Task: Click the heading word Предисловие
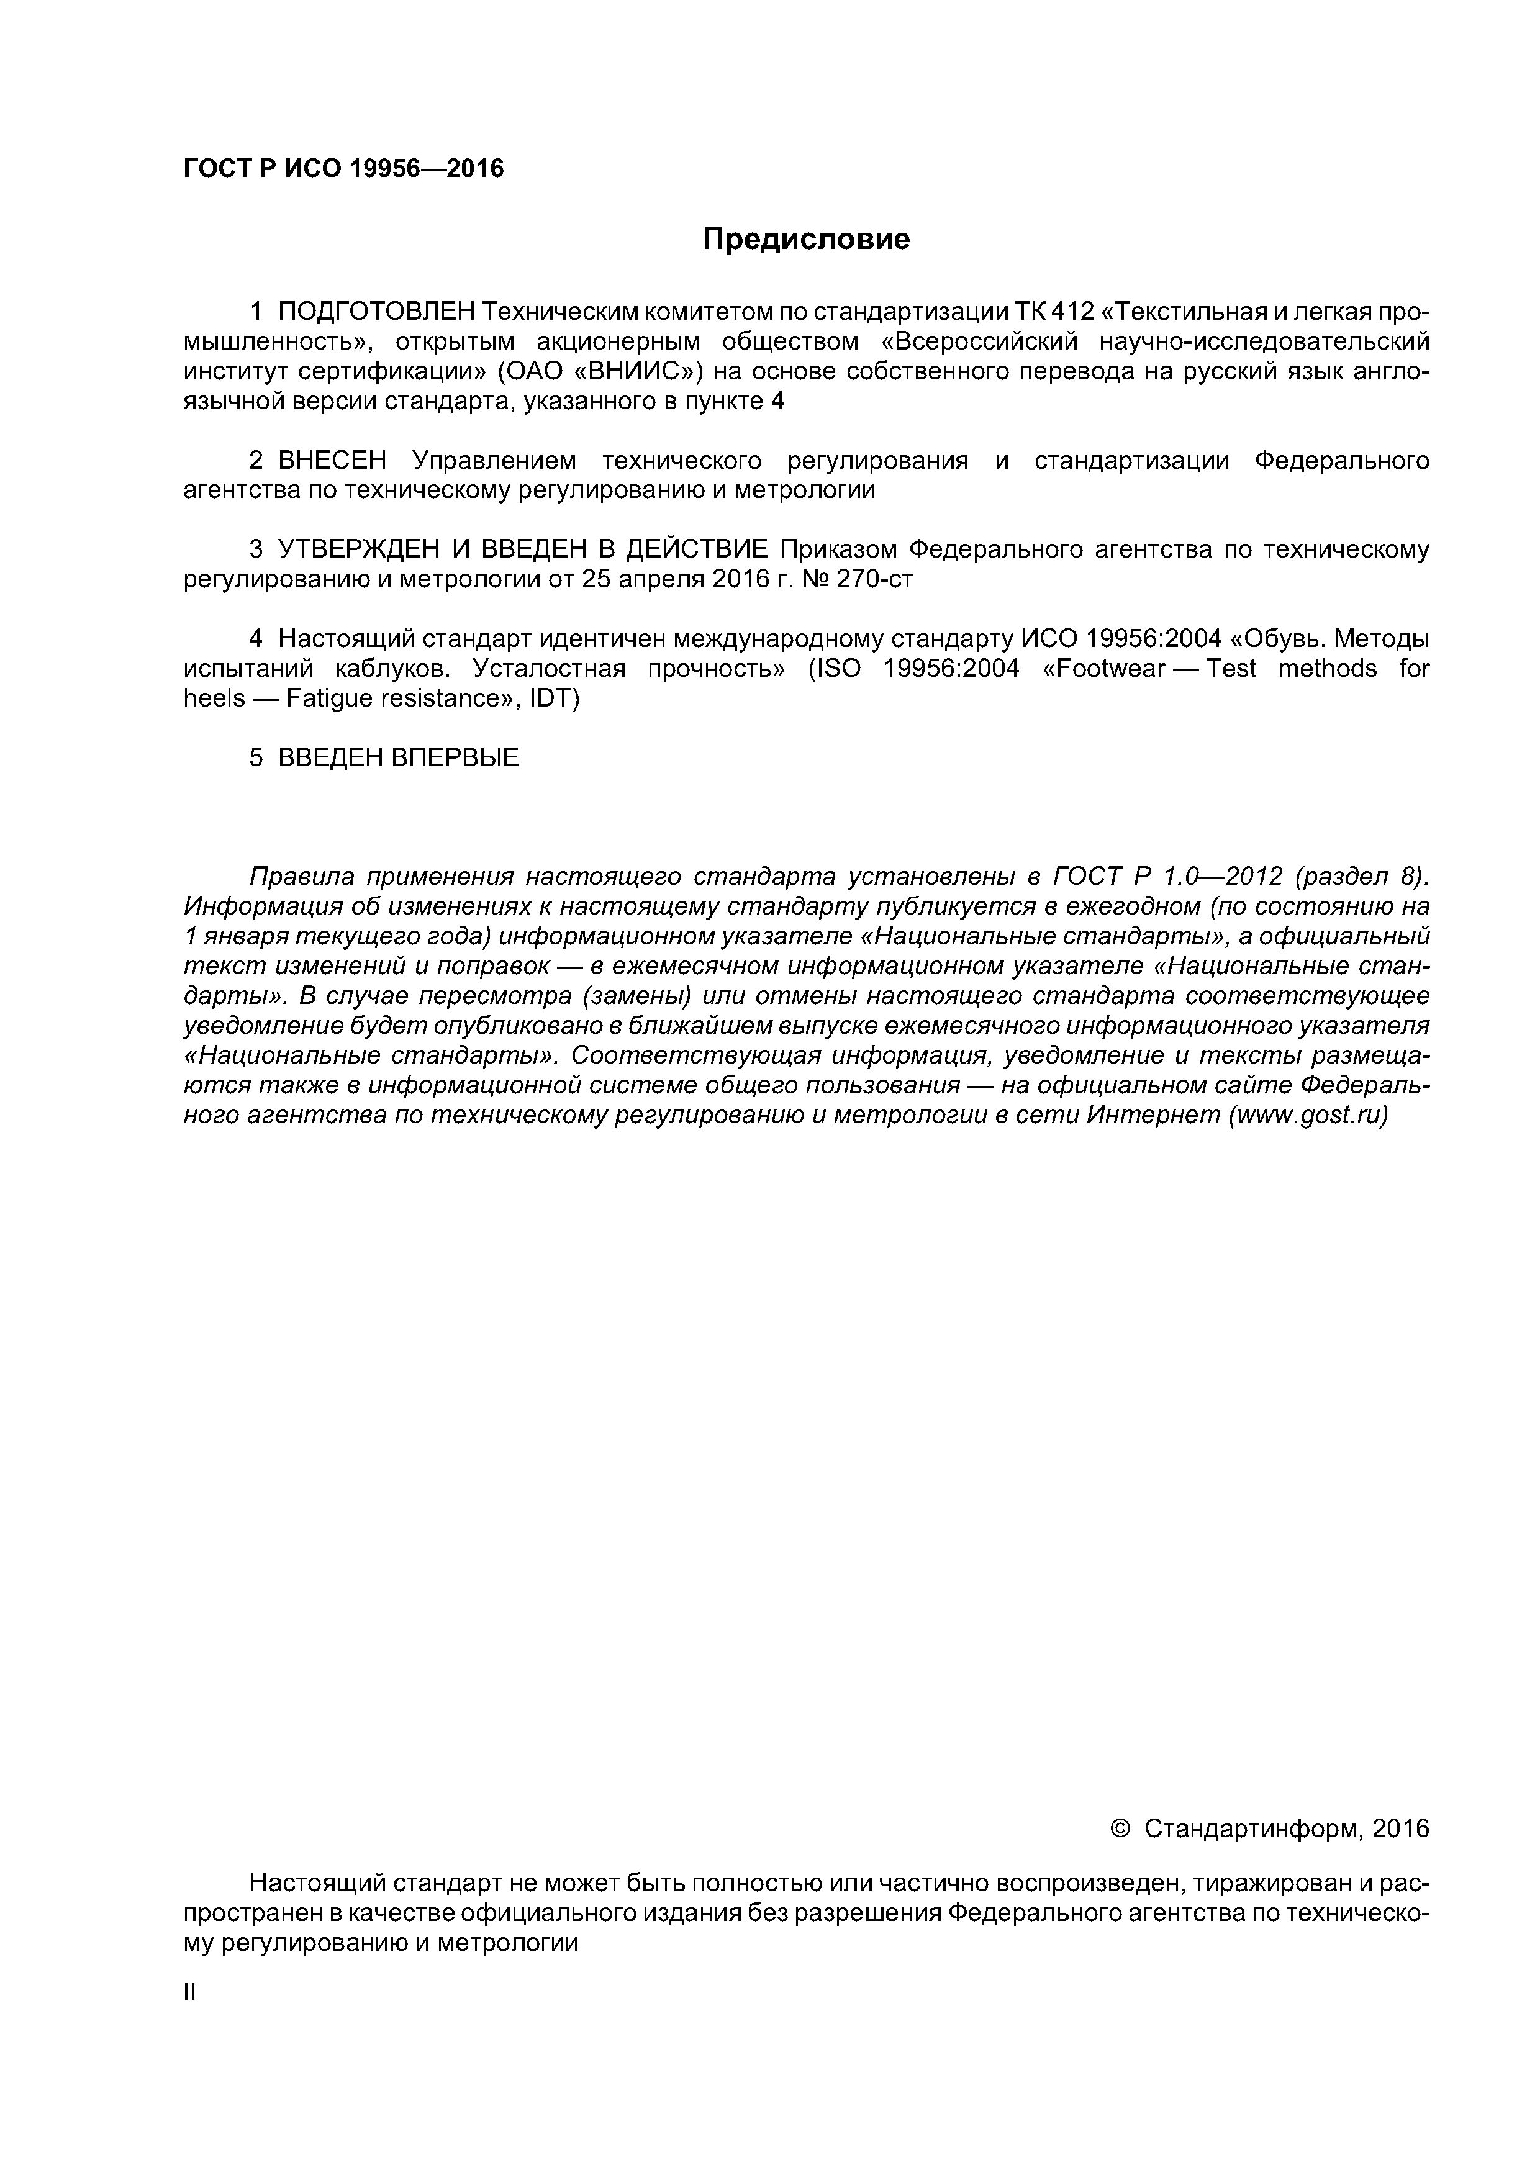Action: (805, 239)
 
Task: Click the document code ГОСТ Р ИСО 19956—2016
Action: (343, 169)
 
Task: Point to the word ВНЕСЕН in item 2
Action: (332, 461)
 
